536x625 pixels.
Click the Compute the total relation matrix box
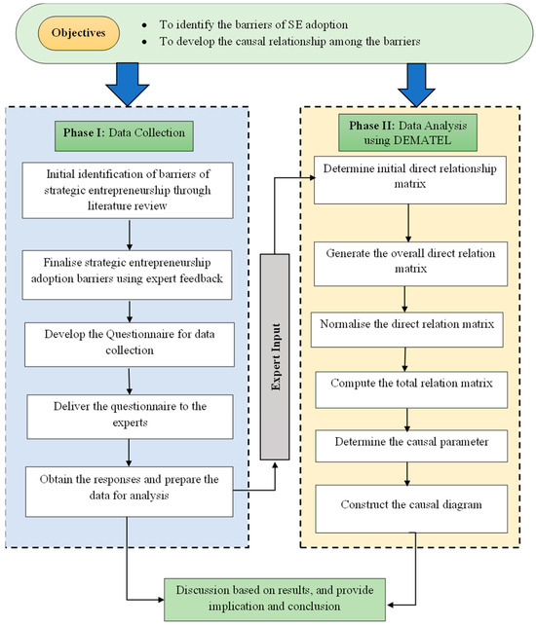(x=409, y=385)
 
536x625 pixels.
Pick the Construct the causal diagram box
(x=409, y=504)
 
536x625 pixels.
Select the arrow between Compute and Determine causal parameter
(x=409, y=413)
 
